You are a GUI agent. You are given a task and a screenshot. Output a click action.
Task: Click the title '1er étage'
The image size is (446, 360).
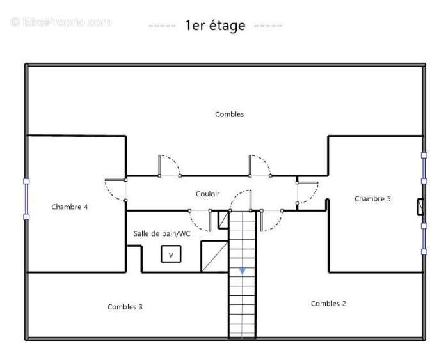coord(215,26)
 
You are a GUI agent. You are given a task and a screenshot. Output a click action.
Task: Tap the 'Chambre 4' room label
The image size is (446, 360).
coord(69,207)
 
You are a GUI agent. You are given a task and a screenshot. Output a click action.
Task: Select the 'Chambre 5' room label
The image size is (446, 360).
coord(372,199)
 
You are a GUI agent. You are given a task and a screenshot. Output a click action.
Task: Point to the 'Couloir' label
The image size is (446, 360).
coord(207,194)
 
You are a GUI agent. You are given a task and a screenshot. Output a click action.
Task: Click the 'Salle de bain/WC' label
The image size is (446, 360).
coord(162,233)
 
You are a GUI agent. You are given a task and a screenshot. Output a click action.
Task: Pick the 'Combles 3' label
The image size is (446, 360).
coord(125,307)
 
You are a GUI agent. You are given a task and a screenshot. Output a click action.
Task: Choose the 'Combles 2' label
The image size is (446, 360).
coord(328,304)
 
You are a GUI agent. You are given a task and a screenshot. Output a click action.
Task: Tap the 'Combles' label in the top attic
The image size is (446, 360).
coord(229,114)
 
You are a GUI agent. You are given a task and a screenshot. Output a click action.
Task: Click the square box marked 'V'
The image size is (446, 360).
coord(171,254)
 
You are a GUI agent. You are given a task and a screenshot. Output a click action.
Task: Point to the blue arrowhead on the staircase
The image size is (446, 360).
coord(243,271)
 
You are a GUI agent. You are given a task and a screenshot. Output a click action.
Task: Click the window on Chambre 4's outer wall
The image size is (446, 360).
coord(26,199)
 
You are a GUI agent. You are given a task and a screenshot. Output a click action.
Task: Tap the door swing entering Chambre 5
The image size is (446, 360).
coord(308,192)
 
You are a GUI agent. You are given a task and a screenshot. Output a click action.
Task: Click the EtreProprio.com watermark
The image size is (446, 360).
coord(61,22)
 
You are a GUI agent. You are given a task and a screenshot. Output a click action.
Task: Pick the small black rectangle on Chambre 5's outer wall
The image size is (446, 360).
coord(420,207)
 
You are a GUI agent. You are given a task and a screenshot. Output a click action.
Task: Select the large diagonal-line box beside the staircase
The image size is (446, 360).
coord(215,256)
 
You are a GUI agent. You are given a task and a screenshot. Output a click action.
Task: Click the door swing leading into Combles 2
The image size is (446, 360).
coord(272,221)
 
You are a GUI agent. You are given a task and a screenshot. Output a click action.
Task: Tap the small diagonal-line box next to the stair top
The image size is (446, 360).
coord(223,219)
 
